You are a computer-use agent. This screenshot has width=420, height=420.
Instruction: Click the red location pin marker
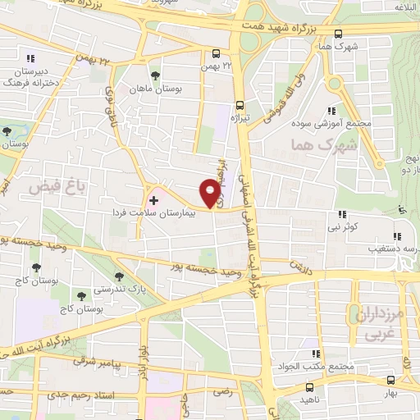click(x=210, y=193)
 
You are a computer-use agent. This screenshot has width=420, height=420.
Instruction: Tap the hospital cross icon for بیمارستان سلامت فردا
click(x=153, y=199)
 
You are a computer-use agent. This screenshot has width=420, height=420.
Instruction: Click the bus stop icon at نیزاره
click(x=240, y=105)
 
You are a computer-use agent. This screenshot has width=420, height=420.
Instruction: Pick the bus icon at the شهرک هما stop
click(x=339, y=34)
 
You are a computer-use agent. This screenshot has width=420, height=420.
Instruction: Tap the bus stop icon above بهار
click(x=389, y=381)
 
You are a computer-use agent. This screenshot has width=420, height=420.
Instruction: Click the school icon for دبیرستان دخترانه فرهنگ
click(x=30, y=58)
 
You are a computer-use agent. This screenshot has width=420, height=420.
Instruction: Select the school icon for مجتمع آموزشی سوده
click(x=332, y=111)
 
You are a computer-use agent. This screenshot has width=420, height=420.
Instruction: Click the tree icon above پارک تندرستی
click(x=120, y=277)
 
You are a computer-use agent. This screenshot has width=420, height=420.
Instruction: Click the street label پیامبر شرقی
click(x=94, y=360)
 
